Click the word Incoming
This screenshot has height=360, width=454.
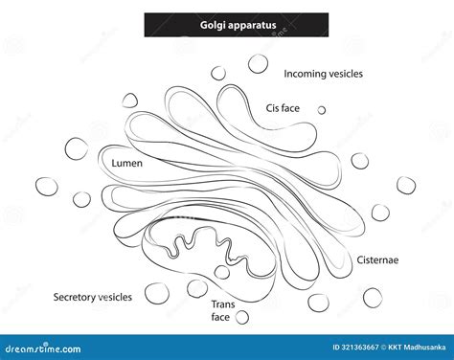coord(306,74)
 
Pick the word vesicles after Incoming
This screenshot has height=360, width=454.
coord(348,74)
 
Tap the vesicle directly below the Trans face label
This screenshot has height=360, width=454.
coord(242,317)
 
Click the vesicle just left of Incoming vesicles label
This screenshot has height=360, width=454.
coord(259,65)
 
